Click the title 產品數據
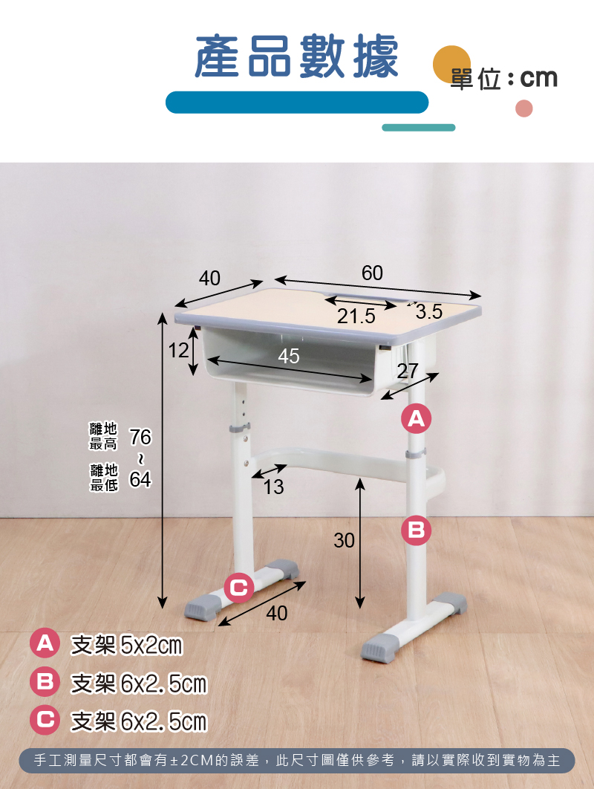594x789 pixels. [x=296, y=56]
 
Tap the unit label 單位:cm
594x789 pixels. [x=504, y=79]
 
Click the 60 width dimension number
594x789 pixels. [x=372, y=273]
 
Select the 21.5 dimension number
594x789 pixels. [x=356, y=316]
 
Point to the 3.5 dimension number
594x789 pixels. [x=429, y=312]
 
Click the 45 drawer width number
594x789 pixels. [x=289, y=357]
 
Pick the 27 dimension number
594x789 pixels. [x=408, y=371]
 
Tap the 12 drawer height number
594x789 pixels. [x=178, y=350]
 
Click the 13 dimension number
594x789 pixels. [x=274, y=487]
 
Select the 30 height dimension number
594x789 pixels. [x=344, y=540]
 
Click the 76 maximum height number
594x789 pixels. [x=140, y=438]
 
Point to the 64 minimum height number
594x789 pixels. [x=140, y=479]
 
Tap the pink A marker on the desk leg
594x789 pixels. [x=416, y=418]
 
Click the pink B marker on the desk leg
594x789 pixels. [x=416, y=530]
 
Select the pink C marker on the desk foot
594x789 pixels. [x=238, y=587]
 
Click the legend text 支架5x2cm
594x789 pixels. [x=127, y=645]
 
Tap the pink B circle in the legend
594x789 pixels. [x=45, y=682]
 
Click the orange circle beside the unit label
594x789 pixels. [x=451, y=65]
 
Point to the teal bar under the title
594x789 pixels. [x=419, y=128]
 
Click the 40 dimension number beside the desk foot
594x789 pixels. [x=277, y=614]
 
